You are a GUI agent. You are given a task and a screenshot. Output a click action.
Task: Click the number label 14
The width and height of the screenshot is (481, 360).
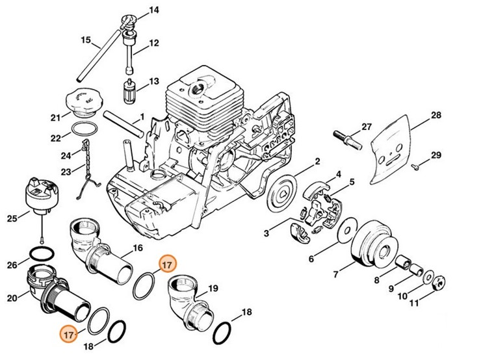tap(153, 10)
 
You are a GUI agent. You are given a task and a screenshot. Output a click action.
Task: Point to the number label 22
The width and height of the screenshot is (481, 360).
tap(56, 138)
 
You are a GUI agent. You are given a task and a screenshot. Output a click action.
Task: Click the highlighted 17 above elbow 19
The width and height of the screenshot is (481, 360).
tap(167, 264)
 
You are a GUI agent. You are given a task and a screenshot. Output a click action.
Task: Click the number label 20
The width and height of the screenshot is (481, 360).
tap(11, 298)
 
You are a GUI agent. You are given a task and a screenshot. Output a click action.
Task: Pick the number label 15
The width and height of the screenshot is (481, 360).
tap(85, 40)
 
